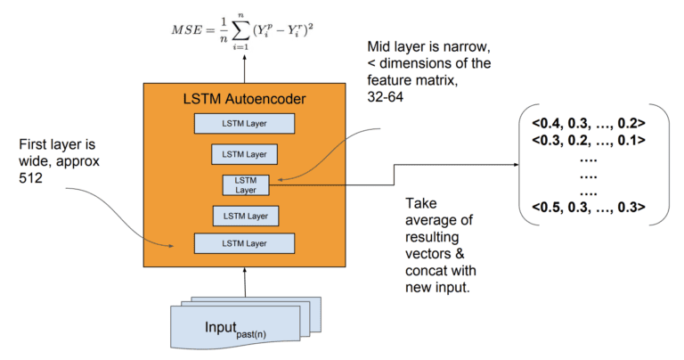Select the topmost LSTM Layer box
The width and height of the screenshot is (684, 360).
point(244,124)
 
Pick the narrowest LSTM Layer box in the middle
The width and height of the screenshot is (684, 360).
point(244,184)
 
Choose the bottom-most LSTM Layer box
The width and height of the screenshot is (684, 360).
point(244,242)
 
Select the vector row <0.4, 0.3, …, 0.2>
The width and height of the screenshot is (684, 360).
point(588,123)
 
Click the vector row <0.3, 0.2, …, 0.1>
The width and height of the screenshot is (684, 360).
point(588,140)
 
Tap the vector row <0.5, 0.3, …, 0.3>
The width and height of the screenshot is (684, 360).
point(588,208)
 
